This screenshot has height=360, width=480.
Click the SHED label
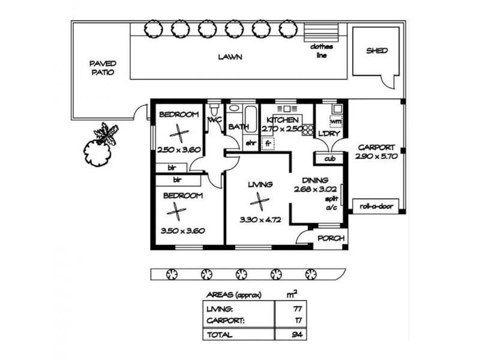[377, 51]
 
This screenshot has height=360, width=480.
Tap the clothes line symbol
[322, 32]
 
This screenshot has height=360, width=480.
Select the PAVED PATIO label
[103, 68]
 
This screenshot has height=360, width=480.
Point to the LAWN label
[230, 57]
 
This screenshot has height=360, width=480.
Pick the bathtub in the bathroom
[250, 119]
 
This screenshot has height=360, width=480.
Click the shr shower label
[251, 143]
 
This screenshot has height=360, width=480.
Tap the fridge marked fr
[268, 143]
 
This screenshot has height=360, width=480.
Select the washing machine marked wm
[335, 122]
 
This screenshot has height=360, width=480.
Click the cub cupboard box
[329, 158]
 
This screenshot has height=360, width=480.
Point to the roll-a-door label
[376, 206]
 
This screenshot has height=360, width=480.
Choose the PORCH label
[331, 238]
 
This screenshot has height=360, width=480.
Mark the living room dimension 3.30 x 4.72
[260, 220]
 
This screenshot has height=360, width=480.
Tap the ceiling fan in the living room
[260, 202]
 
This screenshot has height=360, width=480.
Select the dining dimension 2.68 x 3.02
[315, 189]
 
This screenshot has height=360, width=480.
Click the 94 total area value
[297, 335]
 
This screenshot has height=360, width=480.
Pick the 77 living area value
[297, 309]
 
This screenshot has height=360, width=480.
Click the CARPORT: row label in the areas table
[226, 321]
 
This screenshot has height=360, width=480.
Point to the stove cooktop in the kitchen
[308, 130]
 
